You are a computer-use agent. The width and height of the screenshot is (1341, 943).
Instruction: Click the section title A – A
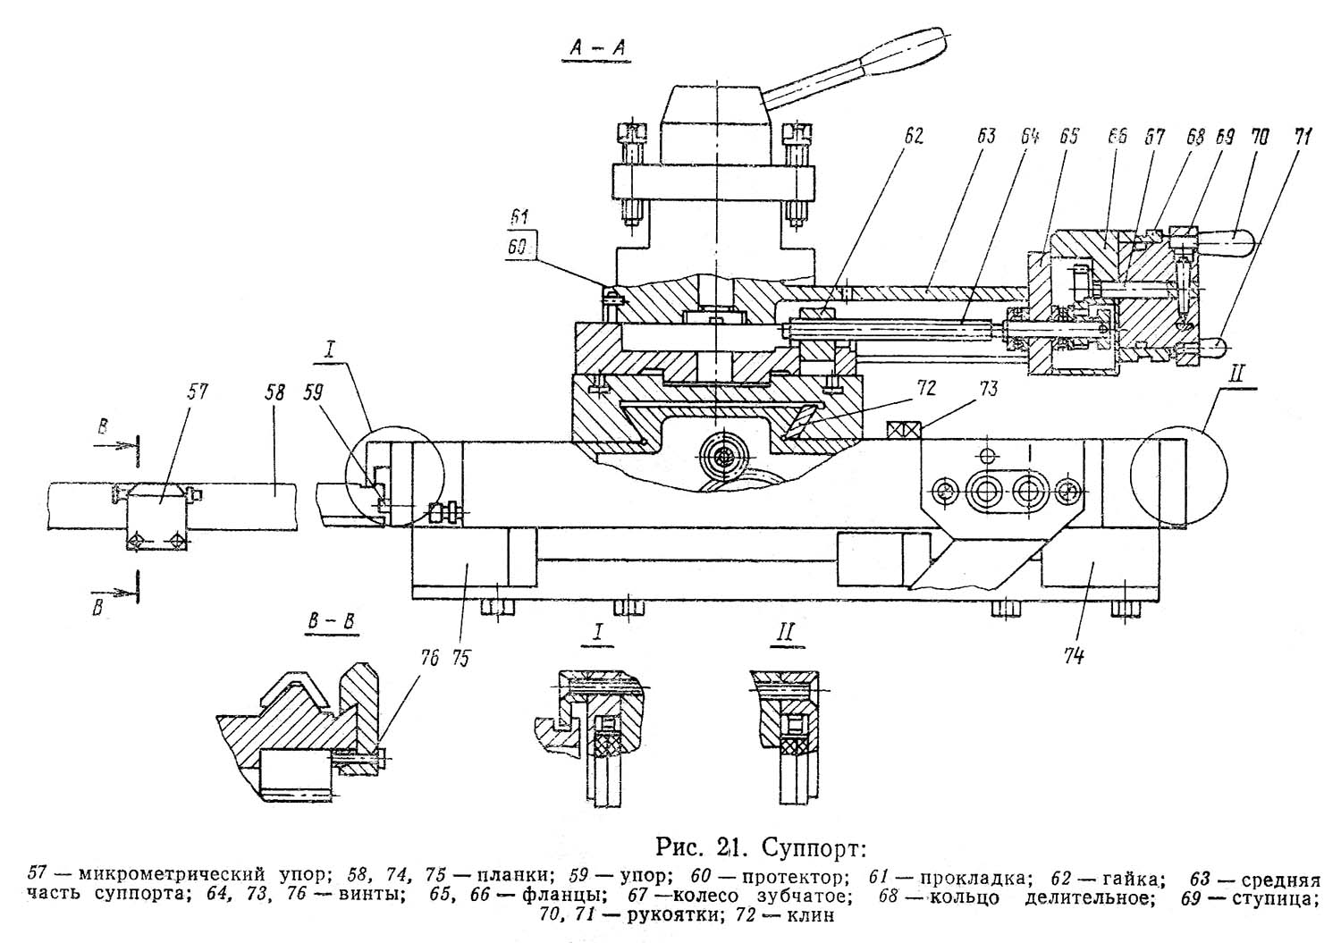595,47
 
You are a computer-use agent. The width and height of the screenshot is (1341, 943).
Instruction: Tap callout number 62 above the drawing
913,136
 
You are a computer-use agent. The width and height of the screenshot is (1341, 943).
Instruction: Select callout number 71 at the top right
1300,137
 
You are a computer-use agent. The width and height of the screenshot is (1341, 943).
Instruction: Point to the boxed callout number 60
519,246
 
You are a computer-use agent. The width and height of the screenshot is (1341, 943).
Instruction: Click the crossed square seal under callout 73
904,430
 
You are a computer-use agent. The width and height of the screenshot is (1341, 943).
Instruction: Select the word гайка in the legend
1129,879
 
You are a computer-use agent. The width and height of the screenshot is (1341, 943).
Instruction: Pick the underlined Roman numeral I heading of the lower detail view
596,634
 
